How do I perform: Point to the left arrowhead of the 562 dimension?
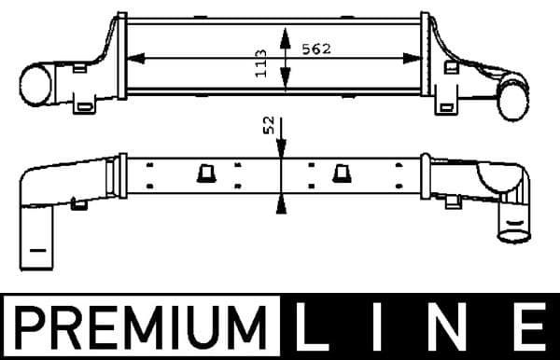click(132, 58)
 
